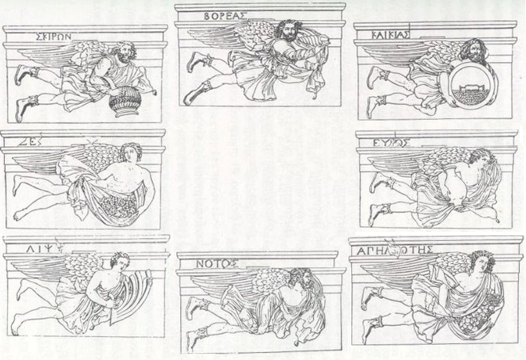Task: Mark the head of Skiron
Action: pos(126,52)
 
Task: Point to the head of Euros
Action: pos(478,157)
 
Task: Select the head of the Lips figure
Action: pos(119,263)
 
